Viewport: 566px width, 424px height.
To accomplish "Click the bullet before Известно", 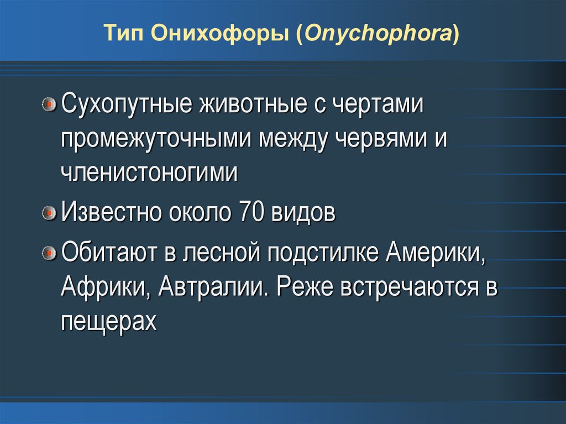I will pyautogui.click(x=50, y=212).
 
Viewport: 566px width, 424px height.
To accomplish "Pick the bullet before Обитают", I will pyautogui.click(x=50, y=253).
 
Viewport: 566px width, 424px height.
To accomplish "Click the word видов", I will pyautogui.click(x=303, y=212).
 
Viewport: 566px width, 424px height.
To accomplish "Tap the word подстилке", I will pyautogui.click(x=323, y=253).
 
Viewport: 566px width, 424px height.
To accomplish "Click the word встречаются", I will pyautogui.click(x=407, y=287).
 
